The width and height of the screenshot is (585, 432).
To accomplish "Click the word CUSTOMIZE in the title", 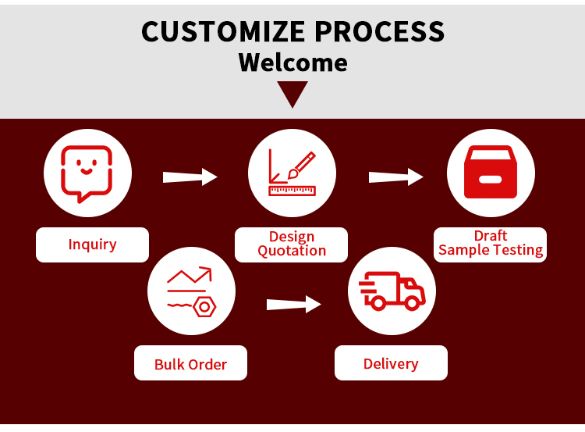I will tap(223, 31).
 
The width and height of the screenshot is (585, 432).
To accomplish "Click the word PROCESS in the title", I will tap(379, 31).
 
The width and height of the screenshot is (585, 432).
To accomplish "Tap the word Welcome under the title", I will tap(292, 62).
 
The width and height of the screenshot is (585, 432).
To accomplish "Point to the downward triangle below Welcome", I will tap(292, 94).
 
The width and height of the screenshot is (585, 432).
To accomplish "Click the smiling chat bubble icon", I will tap(87, 173).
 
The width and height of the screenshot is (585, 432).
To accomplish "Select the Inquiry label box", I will tap(92, 245).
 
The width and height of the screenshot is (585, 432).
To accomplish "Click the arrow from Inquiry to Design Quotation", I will tap(190, 177).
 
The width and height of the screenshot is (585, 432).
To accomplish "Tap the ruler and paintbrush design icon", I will tap(292, 173).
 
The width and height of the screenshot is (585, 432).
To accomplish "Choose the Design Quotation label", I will tap(292, 244).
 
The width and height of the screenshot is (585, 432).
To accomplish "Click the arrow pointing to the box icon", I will tap(395, 177).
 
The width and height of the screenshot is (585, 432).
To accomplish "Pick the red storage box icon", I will tap(491, 173).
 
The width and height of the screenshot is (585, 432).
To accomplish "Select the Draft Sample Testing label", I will tap(491, 244).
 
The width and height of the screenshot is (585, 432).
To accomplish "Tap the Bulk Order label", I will tap(190, 364).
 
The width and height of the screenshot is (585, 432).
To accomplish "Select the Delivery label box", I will tap(391, 363).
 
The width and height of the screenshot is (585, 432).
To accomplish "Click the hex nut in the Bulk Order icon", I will tap(204, 306).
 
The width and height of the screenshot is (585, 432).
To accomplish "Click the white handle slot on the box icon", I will tap(491, 180).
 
